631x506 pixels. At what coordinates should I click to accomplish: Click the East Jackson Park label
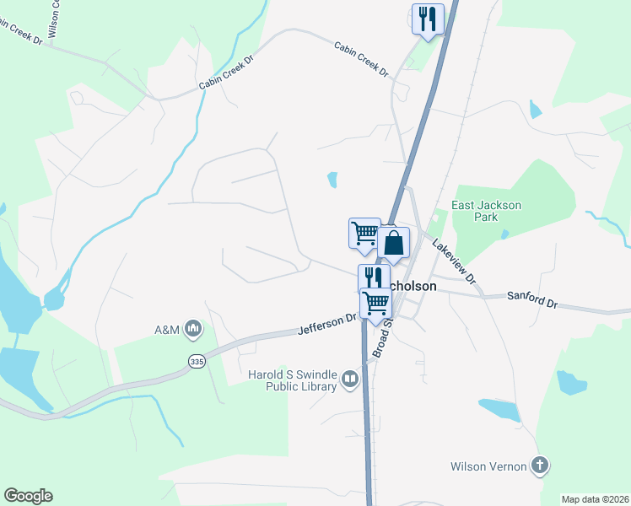487,211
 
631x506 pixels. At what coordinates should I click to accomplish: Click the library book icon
349,381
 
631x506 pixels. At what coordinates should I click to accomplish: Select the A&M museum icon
193,328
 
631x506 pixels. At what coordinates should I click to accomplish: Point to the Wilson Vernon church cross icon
540,466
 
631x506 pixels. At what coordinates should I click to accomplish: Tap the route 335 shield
197,361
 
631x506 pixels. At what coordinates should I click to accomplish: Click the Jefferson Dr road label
327,325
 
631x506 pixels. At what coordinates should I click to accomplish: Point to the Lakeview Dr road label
454,260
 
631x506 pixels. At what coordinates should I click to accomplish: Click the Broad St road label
384,336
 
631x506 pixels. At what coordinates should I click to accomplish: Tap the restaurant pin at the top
429,18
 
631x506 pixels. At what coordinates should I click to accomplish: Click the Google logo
28,496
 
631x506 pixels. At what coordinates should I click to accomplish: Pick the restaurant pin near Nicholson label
374,278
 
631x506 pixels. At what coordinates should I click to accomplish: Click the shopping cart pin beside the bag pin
364,232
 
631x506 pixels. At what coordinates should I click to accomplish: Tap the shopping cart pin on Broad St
376,302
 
